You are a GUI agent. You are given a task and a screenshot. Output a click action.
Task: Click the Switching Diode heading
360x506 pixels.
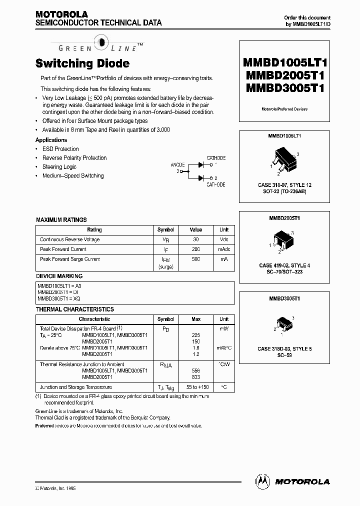pos(82,63)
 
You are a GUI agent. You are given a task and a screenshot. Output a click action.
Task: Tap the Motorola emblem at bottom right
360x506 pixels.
pos(262,481)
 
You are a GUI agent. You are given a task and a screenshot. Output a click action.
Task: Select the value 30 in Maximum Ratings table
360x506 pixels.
pos(195,239)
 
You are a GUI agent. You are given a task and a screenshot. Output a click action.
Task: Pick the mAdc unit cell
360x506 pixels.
pos(223,249)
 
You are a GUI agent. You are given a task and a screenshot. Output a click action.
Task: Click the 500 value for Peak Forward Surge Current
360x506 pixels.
pos(195,259)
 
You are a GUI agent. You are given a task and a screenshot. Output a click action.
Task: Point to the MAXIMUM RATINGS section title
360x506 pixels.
pos(61,219)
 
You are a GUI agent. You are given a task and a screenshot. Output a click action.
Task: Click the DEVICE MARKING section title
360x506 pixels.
pos(59,276)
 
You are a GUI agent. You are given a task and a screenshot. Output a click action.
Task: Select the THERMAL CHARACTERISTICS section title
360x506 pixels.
pos(75,309)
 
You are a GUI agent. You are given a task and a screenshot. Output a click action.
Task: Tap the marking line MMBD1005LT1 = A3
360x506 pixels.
pos(59,285)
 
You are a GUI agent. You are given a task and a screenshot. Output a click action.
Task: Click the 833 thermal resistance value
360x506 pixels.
pos(195,377)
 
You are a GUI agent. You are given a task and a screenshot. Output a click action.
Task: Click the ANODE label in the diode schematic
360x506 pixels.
pos(177,164)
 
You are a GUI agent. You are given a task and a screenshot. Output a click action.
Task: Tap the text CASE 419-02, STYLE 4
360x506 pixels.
pos(284,265)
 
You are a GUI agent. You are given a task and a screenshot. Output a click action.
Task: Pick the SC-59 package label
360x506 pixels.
pos(284,355)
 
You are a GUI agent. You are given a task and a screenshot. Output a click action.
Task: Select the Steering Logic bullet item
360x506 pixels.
pos(59,167)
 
